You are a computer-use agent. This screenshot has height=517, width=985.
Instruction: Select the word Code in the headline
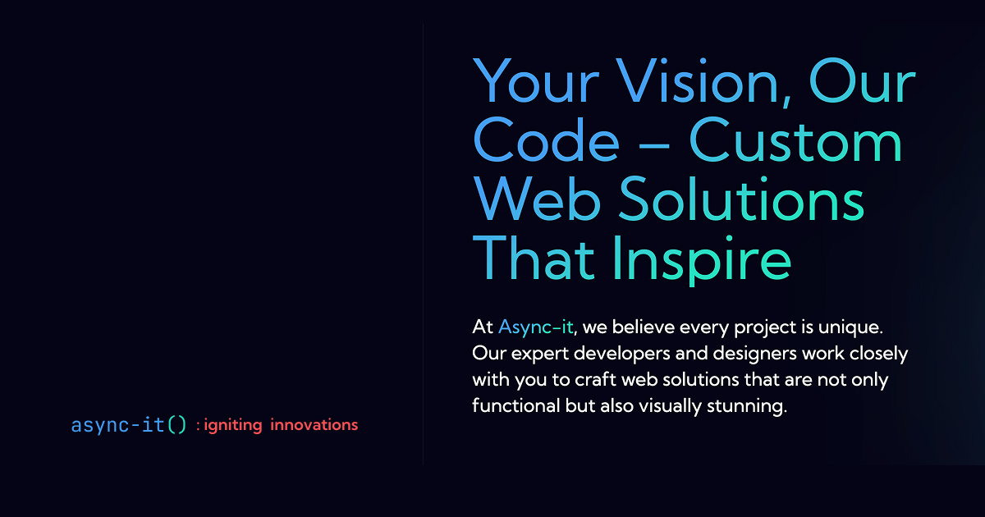(547, 141)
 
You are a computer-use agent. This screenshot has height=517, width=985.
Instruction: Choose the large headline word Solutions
(742, 200)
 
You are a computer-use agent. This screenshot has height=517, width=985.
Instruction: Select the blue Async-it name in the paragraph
(535, 327)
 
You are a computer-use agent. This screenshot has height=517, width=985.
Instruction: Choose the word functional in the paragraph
(515, 406)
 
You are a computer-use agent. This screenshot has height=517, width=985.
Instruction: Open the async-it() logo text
(129, 425)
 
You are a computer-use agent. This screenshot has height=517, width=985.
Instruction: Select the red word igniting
(232, 425)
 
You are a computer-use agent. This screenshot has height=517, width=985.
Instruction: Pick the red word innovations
(314, 425)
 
